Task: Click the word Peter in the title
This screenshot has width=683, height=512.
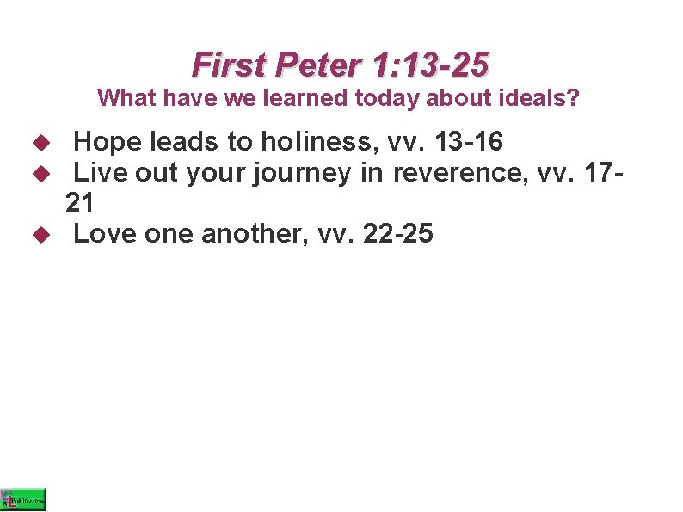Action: (319, 65)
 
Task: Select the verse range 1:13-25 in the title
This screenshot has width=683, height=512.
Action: (431, 65)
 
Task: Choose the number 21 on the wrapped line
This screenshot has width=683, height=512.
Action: (80, 203)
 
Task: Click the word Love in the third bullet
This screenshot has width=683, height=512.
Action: (105, 233)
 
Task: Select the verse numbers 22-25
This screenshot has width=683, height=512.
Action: (398, 233)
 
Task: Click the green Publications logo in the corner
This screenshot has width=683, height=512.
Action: (23, 499)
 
